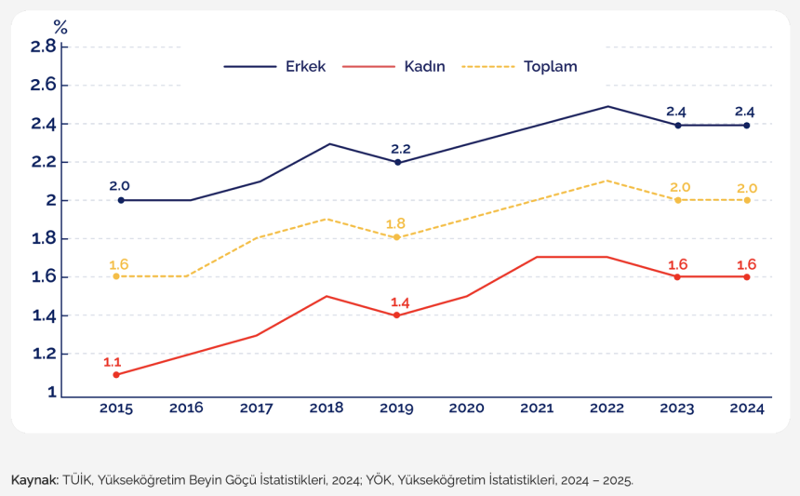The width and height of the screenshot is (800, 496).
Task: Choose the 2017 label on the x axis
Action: click(256, 408)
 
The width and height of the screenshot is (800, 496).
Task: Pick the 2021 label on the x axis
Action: click(537, 408)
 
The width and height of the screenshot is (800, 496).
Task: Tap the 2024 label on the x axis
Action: click(747, 408)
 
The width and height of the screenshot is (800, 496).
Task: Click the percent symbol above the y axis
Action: click(60, 27)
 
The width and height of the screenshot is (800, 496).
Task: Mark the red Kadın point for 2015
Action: click(116, 374)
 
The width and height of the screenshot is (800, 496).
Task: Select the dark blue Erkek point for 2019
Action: click(398, 162)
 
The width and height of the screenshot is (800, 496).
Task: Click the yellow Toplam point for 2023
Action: click(678, 200)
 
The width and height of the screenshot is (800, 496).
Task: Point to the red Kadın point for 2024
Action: click(747, 276)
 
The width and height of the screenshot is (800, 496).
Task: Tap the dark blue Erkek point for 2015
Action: click(121, 200)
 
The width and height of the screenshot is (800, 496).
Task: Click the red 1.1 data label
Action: click(113, 361)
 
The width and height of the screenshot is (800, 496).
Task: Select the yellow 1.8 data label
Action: click(396, 223)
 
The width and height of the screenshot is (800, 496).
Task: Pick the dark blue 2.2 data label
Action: click(401, 148)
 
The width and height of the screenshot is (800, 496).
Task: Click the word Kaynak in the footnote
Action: click(33, 480)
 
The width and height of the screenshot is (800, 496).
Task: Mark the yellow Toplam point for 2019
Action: click(396, 237)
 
